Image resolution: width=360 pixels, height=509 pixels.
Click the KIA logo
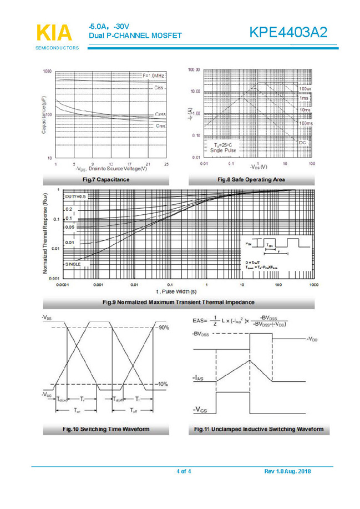(x=54, y=33)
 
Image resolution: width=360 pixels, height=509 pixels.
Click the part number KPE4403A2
(x=288, y=33)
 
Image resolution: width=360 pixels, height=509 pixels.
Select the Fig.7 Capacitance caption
(x=106, y=180)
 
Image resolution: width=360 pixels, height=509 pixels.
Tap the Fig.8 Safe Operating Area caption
(x=251, y=180)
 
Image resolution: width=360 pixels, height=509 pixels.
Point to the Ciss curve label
(x=159, y=88)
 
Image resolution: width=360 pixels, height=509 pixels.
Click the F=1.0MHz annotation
(x=154, y=75)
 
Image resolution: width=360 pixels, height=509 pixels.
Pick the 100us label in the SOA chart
(x=305, y=89)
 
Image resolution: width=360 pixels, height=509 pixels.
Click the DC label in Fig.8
(x=303, y=143)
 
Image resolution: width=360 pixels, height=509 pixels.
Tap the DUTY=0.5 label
(x=76, y=197)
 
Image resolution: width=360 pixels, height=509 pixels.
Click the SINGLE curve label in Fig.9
(x=73, y=264)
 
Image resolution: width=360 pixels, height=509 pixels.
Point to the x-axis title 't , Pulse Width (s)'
(x=176, y=291)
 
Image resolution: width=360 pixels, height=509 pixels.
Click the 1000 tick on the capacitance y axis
(x=47, y=71)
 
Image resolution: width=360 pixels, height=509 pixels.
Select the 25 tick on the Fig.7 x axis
(x=166, y=164)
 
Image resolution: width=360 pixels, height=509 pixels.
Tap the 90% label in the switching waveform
(x=164, y=328)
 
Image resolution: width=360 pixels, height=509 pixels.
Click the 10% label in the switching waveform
(x=164, y=384)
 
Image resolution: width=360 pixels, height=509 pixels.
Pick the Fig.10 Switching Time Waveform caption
(x=106, y=429)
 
